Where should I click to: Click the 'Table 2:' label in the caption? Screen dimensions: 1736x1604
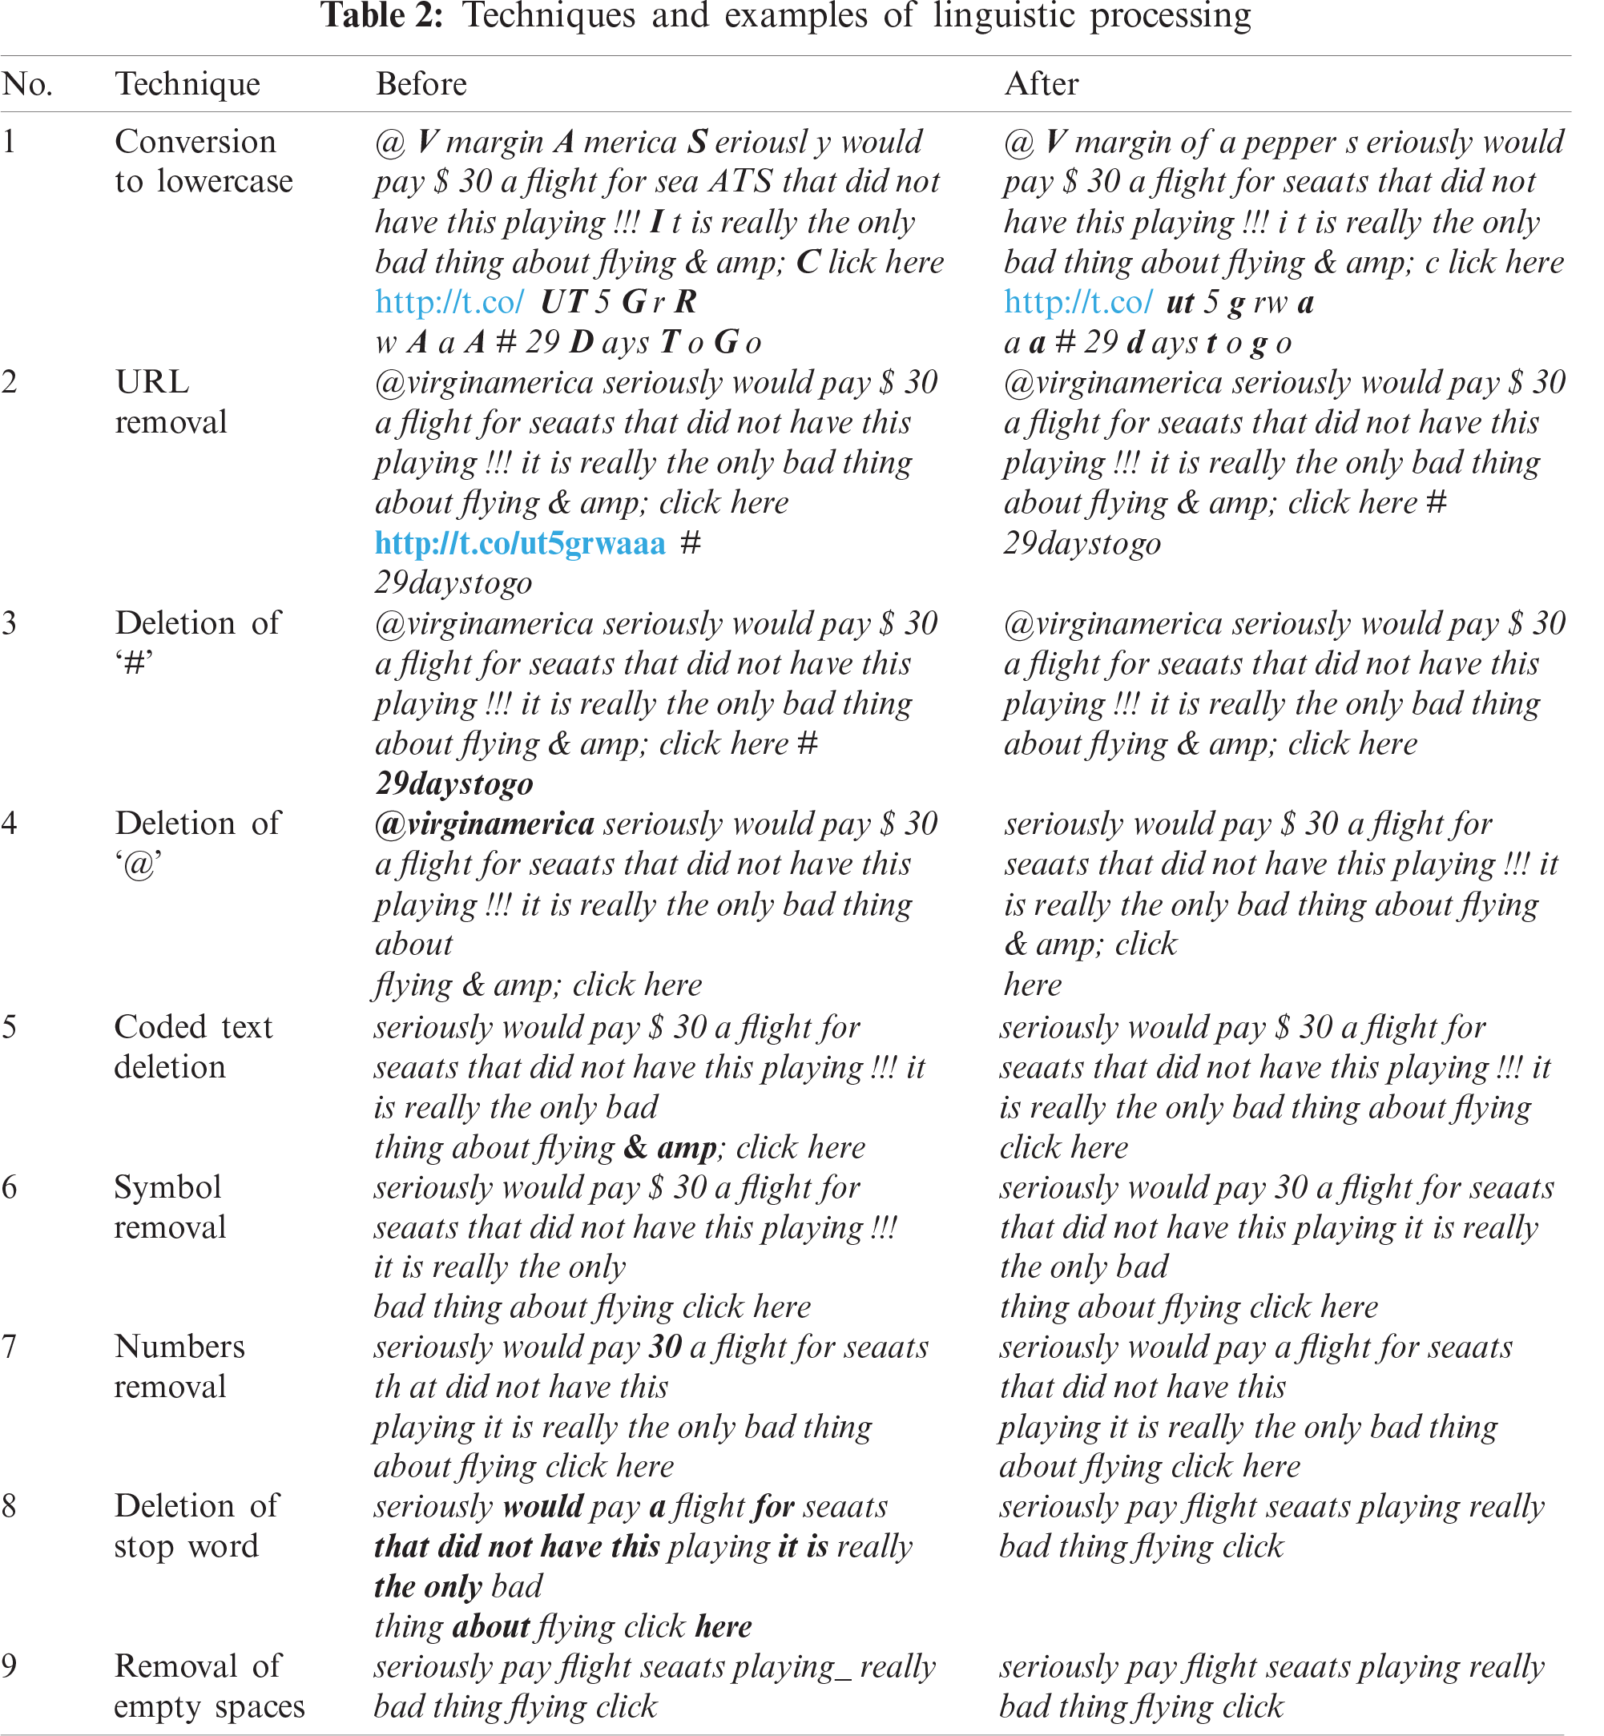382,16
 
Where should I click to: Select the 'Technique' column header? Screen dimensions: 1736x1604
187,84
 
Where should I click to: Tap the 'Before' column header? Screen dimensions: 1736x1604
421,84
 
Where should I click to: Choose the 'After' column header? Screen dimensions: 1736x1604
1041,84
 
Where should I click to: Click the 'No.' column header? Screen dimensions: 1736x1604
27,84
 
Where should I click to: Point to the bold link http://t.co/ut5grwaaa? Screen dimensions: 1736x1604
520,543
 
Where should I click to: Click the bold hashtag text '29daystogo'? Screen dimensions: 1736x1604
454,783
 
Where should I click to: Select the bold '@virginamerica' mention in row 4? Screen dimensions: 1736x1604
484,824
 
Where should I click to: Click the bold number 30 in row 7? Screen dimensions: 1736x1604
666,1347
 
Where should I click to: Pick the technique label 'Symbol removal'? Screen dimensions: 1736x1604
169,1207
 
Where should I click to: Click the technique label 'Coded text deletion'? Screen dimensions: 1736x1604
192,1047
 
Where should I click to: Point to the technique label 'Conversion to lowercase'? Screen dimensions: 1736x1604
204,162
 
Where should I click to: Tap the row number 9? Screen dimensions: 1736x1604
10,1666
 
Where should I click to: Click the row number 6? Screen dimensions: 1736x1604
10,1187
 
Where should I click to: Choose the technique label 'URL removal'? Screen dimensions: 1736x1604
170,402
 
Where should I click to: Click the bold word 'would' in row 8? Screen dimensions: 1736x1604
542,1507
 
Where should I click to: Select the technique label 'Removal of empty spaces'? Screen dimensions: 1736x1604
208,1686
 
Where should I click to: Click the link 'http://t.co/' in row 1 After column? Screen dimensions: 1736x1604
1078,302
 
